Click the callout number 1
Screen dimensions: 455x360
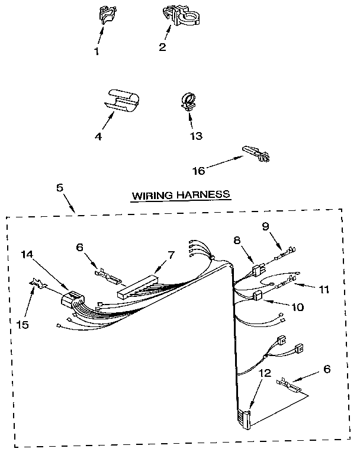coord(97,51)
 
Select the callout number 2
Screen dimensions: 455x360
coord(162,47)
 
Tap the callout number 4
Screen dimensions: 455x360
coord(98,136)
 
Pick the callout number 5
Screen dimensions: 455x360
coord(60,188)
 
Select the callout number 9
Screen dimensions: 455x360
coord(265,225)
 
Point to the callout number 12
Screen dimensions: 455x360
coord(265,373)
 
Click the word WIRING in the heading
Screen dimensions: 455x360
coord(151,194)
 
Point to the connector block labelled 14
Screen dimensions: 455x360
coord(72,299)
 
